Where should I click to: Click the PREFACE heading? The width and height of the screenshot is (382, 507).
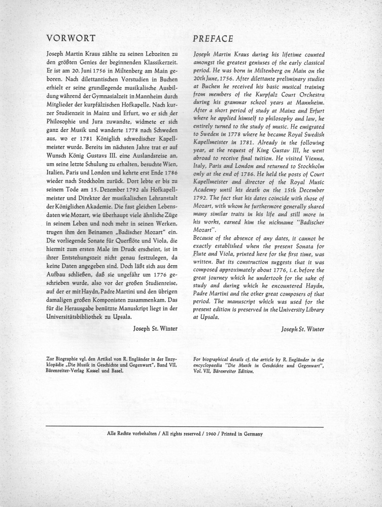point(214,39)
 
